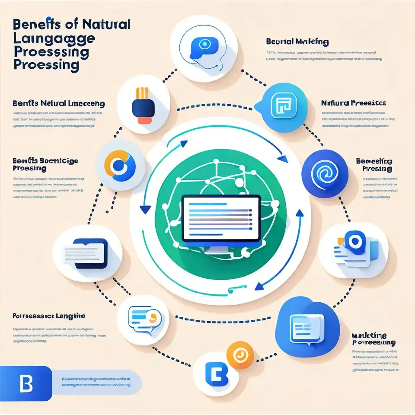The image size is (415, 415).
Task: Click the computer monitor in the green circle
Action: (x=221, y=220)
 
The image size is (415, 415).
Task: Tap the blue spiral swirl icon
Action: (x=323, y=172)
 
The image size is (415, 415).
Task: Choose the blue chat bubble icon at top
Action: (x=201, y=46)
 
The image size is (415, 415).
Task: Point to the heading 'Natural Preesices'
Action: (x=354, y=103)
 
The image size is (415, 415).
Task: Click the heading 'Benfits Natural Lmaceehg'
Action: (x=58, y=104)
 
